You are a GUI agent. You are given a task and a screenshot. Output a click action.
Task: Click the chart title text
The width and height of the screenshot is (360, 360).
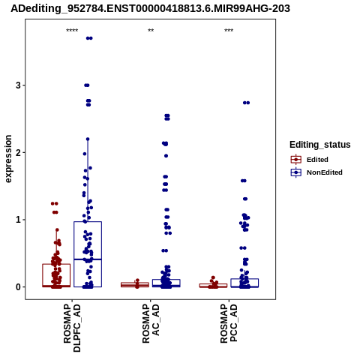point(150,8)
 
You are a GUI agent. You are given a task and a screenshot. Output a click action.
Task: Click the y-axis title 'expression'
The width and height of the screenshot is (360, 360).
point(8,159)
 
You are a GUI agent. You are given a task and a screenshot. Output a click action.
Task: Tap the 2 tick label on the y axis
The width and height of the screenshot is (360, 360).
point(18,152)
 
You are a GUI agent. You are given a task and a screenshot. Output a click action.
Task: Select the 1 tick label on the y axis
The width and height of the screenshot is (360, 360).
point(18,220)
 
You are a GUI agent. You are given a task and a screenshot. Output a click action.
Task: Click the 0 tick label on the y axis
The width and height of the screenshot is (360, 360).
point(18,287)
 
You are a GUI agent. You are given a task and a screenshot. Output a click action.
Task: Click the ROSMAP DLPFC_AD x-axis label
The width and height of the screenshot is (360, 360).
point(72,328)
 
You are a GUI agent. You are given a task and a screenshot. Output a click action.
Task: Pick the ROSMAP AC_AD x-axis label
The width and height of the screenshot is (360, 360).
point(151,323)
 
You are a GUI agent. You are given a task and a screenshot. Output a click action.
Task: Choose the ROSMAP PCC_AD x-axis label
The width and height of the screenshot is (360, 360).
point(229,323)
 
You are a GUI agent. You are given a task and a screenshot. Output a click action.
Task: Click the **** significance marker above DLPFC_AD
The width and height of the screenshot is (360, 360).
point(72,31)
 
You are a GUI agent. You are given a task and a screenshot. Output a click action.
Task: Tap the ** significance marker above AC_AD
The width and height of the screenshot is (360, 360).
point(151,31)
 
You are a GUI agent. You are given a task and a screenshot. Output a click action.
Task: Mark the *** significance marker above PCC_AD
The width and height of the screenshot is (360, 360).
point(229,31)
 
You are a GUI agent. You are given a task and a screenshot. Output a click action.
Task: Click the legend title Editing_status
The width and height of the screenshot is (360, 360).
point(320,145)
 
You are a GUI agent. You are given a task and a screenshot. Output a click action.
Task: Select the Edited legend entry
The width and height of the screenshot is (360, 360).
point(310,160)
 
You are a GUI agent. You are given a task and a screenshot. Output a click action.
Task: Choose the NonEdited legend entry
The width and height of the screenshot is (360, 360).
point(316,172)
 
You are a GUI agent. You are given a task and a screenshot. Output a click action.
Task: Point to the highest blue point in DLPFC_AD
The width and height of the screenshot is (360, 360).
point(89,38)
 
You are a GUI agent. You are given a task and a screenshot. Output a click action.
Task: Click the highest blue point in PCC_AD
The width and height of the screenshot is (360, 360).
point(246,103)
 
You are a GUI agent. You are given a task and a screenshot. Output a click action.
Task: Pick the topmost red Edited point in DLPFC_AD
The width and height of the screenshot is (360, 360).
point(55,203)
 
